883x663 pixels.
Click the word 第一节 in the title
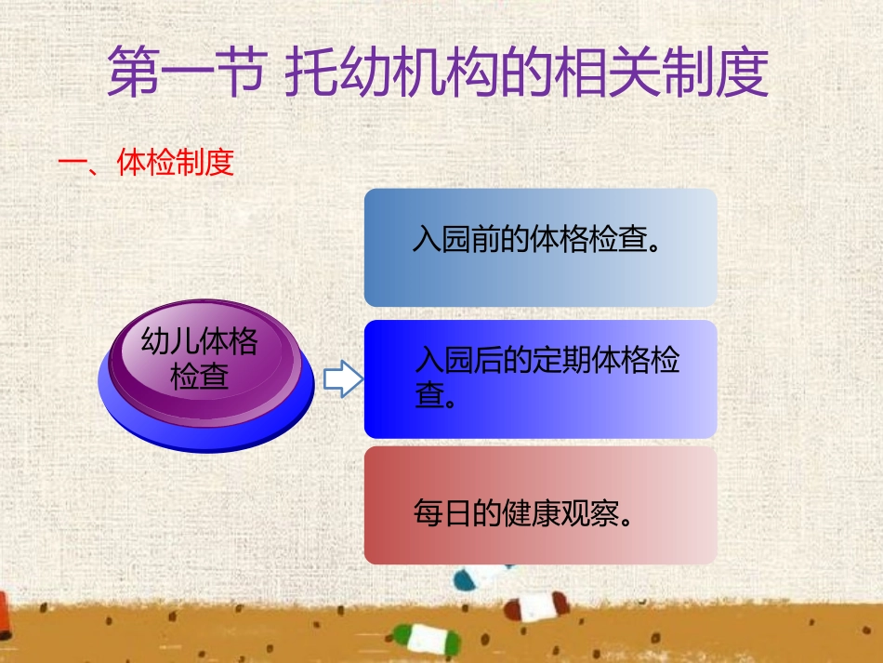coord(180,73)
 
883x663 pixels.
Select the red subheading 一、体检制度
coord(146,164)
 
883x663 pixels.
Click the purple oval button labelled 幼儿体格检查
coord(205,358)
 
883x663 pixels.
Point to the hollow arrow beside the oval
coord(342,379)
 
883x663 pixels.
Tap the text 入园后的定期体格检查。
coord(547,377)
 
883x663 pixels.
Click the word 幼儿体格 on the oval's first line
coord(199,341)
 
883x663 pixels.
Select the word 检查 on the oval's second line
coord(199,377)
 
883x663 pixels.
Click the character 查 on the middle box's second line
coord(428,395)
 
